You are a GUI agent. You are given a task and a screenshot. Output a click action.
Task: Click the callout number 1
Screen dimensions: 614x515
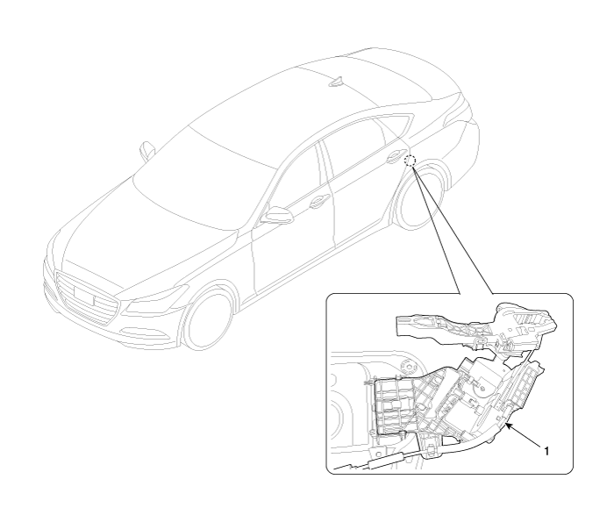click(x=546, y=451)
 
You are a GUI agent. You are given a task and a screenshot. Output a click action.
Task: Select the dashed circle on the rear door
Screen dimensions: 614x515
click(x=410, y=161)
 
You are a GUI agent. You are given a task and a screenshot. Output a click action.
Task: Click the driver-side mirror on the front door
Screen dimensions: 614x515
click(x=278, y=215)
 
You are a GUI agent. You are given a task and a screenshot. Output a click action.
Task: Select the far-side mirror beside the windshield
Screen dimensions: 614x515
click(x=146, y=151)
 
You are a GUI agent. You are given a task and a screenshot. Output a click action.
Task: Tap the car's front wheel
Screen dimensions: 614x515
click(x=208, y=320)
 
